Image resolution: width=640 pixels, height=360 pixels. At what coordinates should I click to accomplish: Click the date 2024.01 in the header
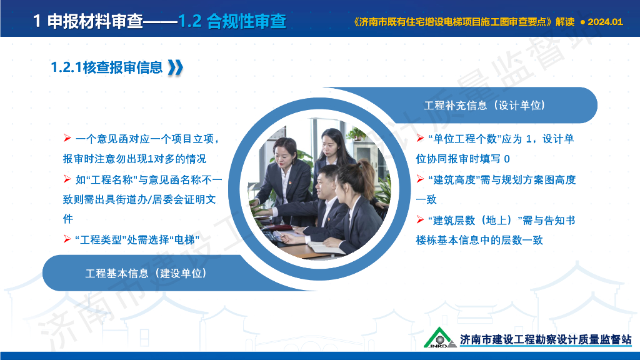606,21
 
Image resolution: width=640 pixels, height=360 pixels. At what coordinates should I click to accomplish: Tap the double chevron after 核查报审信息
176,67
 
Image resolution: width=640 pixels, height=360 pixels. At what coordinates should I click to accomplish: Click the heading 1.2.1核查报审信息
107,67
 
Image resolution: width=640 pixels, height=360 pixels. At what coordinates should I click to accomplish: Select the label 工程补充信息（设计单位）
484,105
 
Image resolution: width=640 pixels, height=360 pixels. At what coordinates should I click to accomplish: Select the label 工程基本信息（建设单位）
146,273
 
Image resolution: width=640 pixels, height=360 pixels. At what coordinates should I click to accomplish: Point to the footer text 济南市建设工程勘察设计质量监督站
546,339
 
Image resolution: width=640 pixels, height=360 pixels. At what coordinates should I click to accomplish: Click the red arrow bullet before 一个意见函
67,138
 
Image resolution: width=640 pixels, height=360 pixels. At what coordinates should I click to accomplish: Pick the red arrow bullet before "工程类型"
67,239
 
